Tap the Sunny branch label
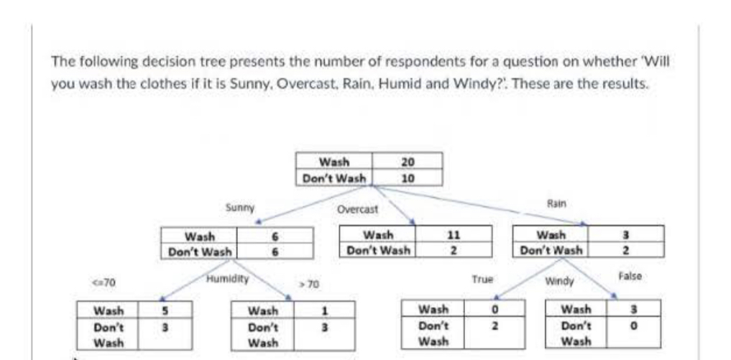(237, 208)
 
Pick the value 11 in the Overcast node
(453, 235)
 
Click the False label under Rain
(630, 275)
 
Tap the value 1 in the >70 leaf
(324, 310)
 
